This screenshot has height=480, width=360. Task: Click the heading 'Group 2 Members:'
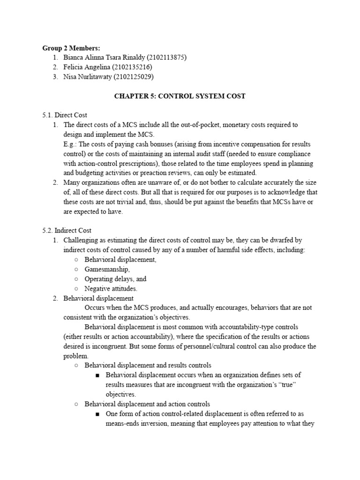click(x=71, y=48)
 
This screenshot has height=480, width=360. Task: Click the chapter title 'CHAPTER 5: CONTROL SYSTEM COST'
click(x=180, y=96)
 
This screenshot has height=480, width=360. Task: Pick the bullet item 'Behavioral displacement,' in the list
click(x=120, y=260)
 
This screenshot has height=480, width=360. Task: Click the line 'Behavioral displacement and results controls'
click(x=148, y=365)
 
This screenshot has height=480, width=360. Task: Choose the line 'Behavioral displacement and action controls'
click(x=147, y=404)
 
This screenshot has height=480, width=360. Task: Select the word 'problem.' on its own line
click(x=75, y=356)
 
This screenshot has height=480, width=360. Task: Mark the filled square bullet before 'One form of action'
click(x=97, y=414)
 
